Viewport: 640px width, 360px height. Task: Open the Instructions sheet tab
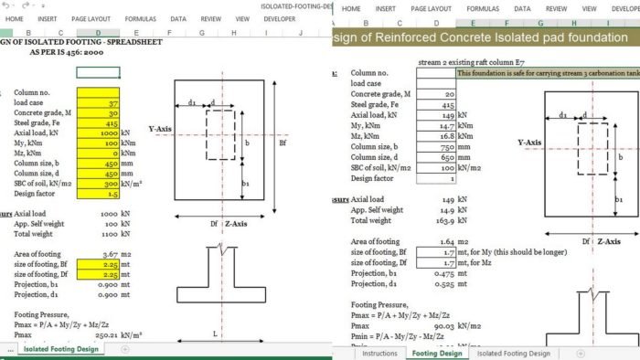380,353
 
